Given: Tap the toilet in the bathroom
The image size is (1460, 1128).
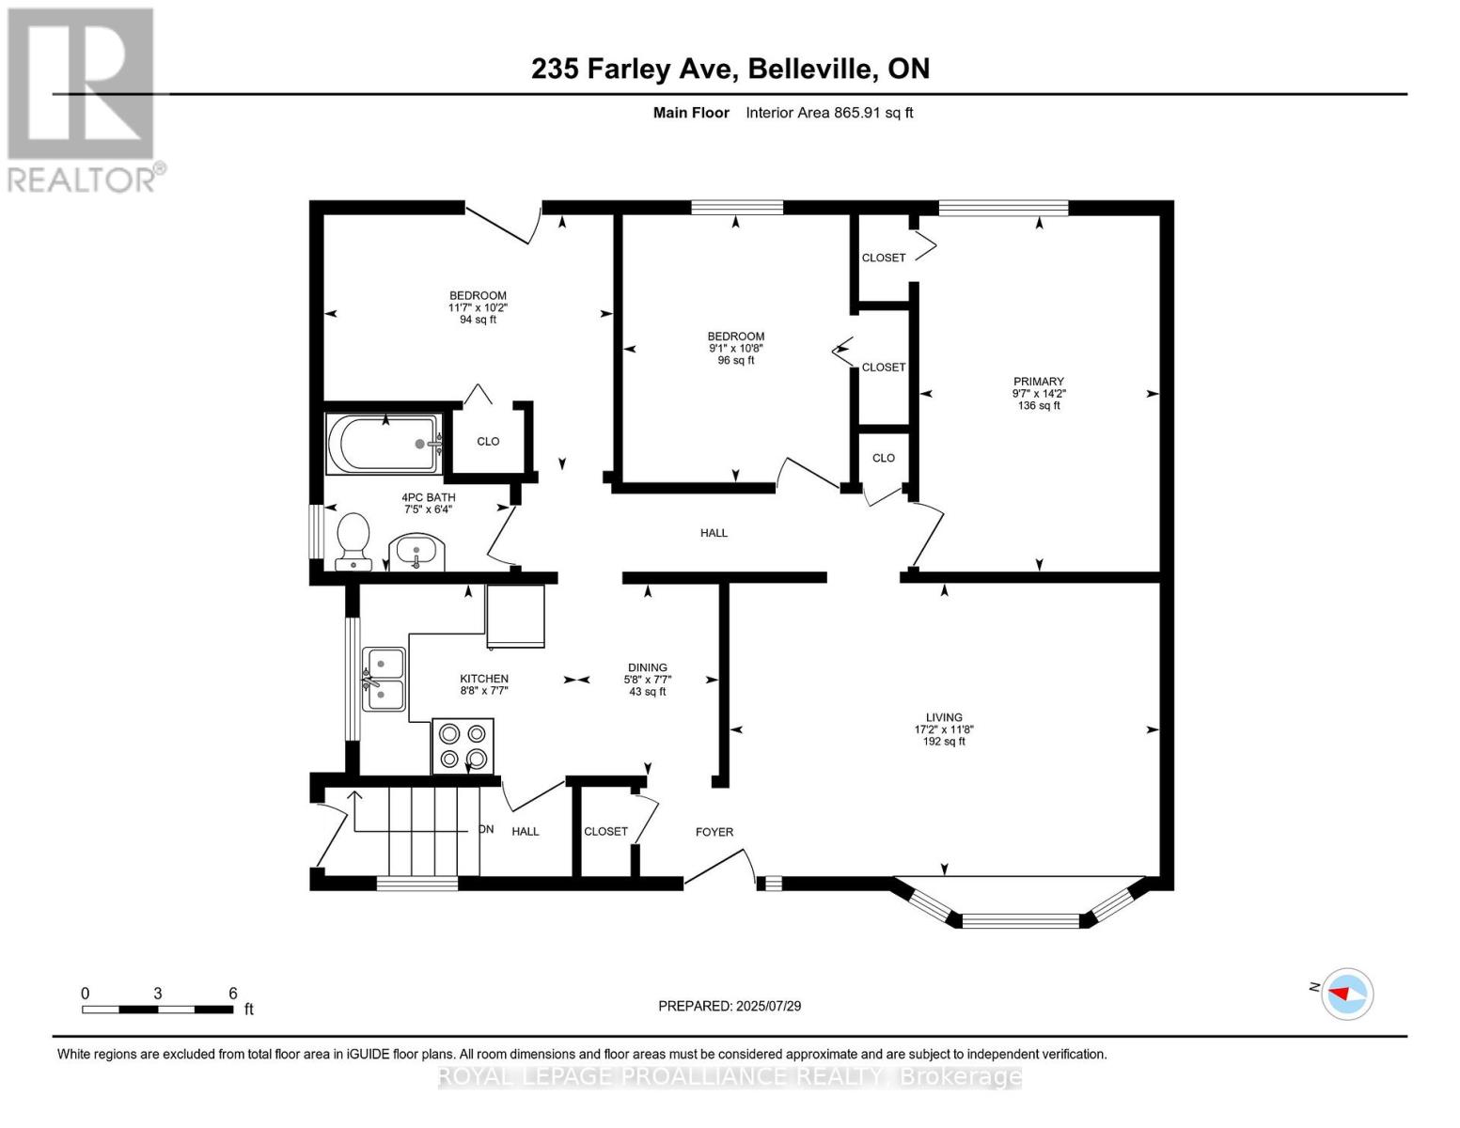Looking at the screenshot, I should pos(353,543).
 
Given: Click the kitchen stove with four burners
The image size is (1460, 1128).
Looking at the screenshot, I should pos(463,746).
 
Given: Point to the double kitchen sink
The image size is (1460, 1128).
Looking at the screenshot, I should pos(385,679).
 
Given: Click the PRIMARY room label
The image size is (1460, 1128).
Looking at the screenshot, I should pos(1038,382).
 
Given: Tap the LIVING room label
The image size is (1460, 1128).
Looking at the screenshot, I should pos(944,717).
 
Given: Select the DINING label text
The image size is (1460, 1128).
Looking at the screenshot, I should pos(648,667).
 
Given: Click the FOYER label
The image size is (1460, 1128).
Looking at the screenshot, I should pos(714,832).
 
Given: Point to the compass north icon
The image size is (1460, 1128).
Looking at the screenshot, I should pos(1346,994).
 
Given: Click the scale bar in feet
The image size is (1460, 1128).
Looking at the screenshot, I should pos(157,1010).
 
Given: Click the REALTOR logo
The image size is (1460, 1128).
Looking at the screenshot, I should pos(82,99).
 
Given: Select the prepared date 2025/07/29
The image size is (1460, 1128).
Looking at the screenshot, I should pos(730,1006).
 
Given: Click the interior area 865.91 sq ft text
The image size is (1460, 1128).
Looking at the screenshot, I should pos(829,113).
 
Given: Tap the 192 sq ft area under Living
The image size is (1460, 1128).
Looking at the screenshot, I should pos(944,742).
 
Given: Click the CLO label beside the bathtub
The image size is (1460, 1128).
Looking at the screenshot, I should pos(488,441).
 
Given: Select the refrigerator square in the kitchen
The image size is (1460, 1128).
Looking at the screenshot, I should pos(515,616).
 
